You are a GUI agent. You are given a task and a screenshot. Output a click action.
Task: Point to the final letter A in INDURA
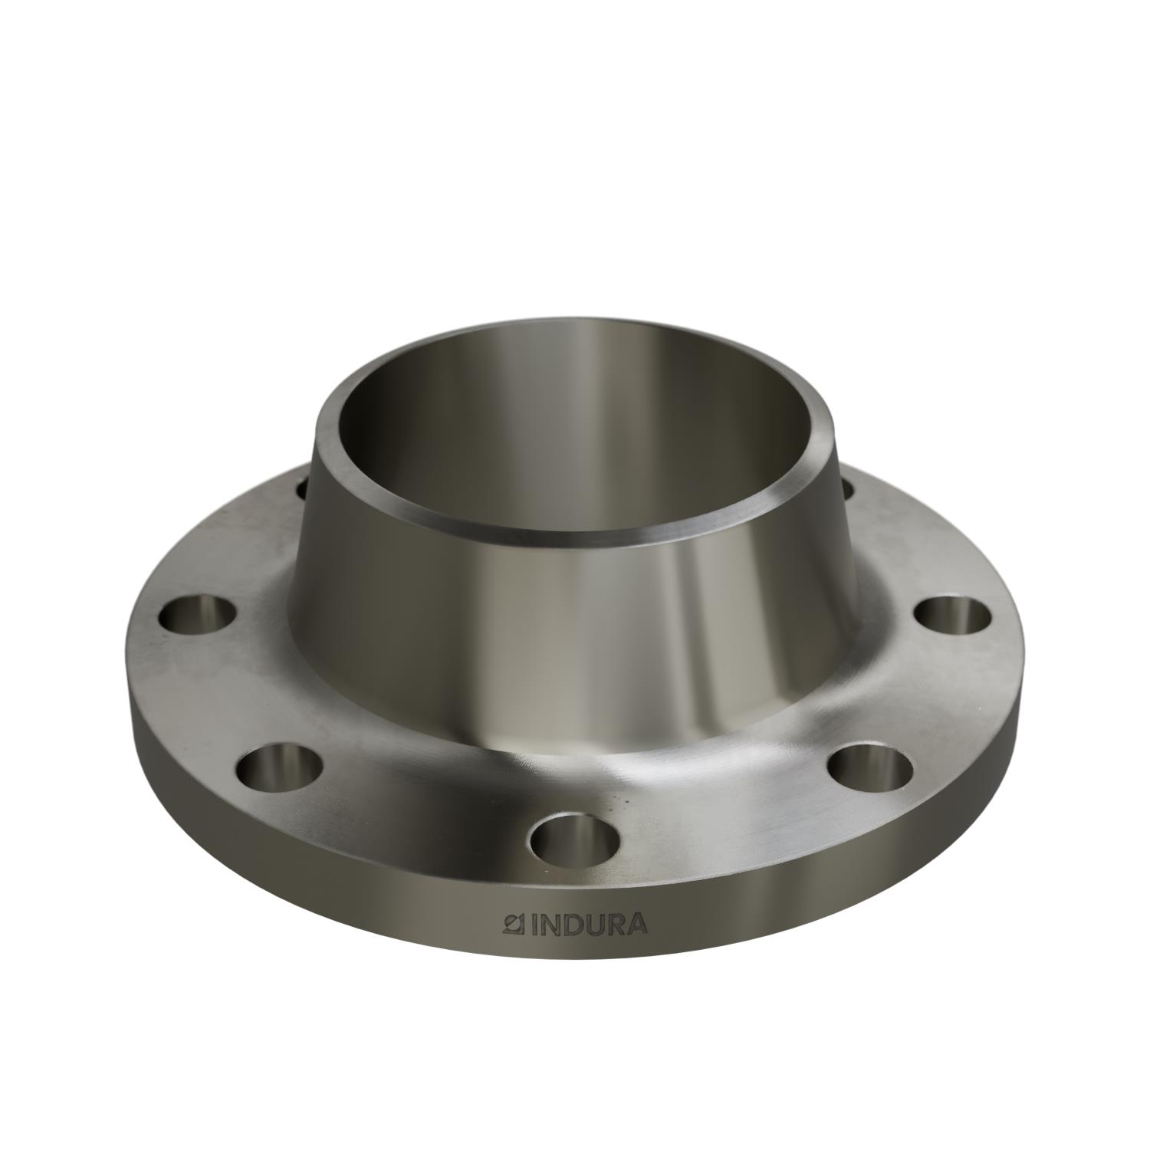(x=637, y=925)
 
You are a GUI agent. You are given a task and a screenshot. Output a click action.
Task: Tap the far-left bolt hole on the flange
(x=197, y=614)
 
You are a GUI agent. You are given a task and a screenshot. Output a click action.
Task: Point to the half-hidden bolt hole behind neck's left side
(x=301, y=485)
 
